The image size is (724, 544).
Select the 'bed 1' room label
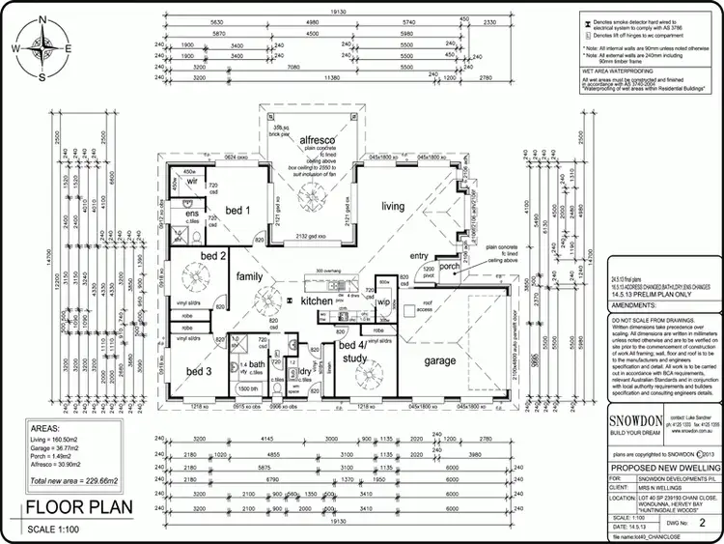pos(238,210)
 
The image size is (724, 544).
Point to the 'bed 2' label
pos(213,256)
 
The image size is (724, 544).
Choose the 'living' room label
pos(393,206)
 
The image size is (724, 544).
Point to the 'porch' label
pos(450,267)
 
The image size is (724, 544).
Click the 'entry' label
pos(417,255)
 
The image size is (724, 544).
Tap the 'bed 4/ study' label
pos(352,351)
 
